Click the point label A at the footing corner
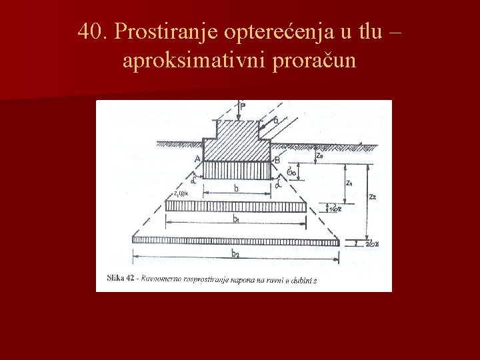197,158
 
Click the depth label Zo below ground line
321,154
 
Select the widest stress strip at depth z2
237,240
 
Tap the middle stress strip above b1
237,206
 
